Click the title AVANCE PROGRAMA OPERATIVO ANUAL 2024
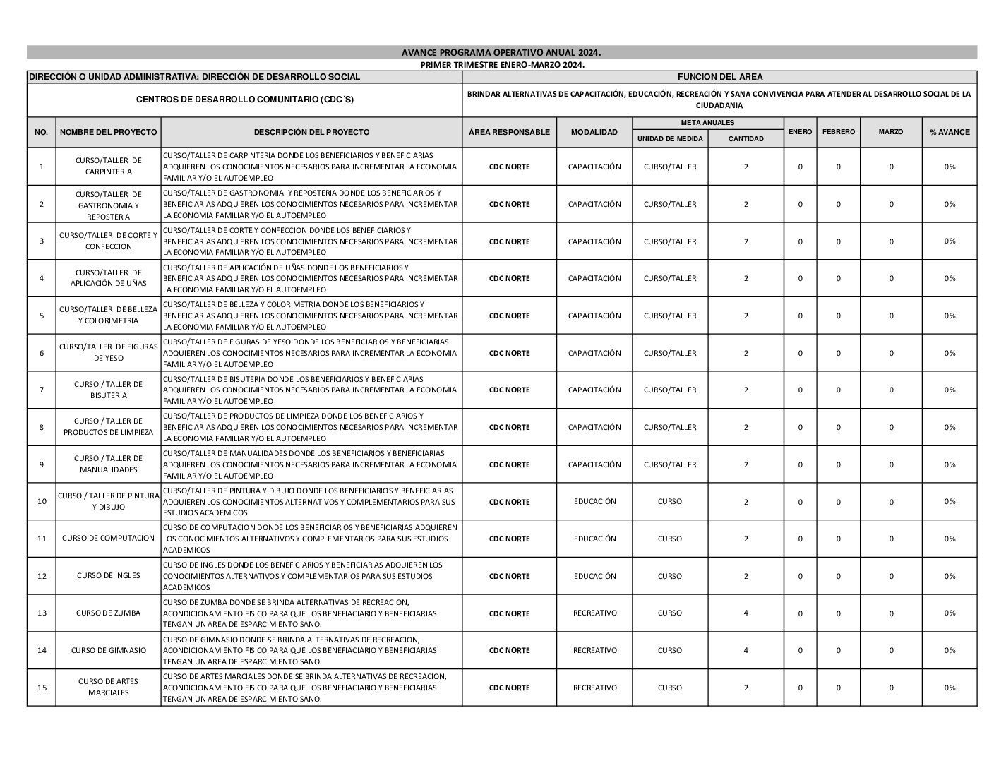[x=501, y=53]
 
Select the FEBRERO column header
[x=838, y=132]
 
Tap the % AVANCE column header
[x=950, y=132]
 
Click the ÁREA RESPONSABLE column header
[x=509, y=132]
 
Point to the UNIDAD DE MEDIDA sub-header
[x=670, y=139]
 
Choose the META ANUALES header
[x=707, y=123]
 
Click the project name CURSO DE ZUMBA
[x=108, y=613]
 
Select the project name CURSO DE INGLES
[x=108, y=576]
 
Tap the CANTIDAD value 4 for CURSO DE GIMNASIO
[x=745, y=650]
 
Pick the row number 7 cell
[x=42, y=390]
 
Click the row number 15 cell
[x=42, y=688]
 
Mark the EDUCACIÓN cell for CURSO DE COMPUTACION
[x=594, y=539]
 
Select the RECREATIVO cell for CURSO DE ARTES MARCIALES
[x=594, y=688]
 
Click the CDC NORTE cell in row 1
[x=509, y=167]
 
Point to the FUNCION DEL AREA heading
[x=719, y=77]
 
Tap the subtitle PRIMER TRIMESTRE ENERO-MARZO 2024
[x=502, y=65]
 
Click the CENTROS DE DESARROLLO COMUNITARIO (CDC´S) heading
[x=244, y=100]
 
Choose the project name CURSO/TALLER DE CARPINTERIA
[x=108, y=166]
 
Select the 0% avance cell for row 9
[x=950, y=464]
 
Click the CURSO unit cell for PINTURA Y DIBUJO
[x=670, y=501]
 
